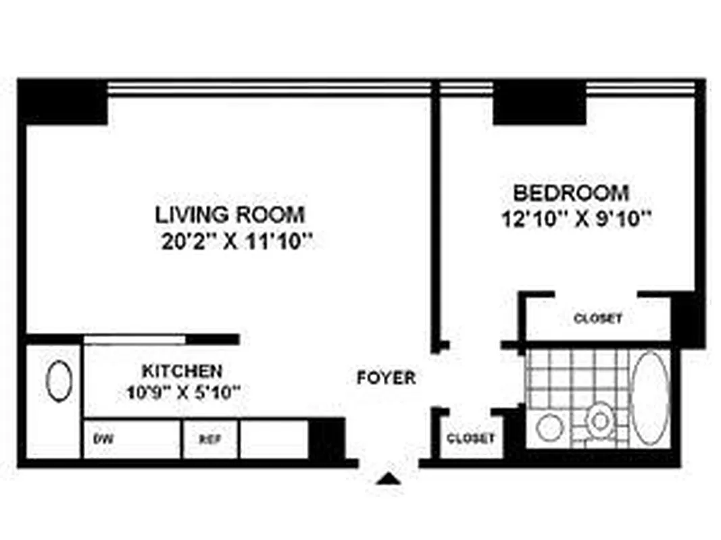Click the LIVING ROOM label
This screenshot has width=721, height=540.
coord(230,215)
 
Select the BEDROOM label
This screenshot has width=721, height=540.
coord(571,193)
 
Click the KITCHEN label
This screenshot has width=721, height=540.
coord(182,371)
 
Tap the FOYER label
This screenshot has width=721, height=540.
coord(386,377)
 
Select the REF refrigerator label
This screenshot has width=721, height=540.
coord(209,438)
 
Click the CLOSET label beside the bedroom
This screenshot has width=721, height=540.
coord(597,318)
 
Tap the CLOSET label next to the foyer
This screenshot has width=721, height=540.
coord(470,438)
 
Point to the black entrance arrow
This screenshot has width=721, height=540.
coord(389,479)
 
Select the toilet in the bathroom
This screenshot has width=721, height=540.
coord(599,421)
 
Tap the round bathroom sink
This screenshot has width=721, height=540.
coord(550,427)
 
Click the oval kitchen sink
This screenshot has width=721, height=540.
coord(59,381)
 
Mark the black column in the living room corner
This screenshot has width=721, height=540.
coord(64,101)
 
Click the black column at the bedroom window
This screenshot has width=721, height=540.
coord(539,102)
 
